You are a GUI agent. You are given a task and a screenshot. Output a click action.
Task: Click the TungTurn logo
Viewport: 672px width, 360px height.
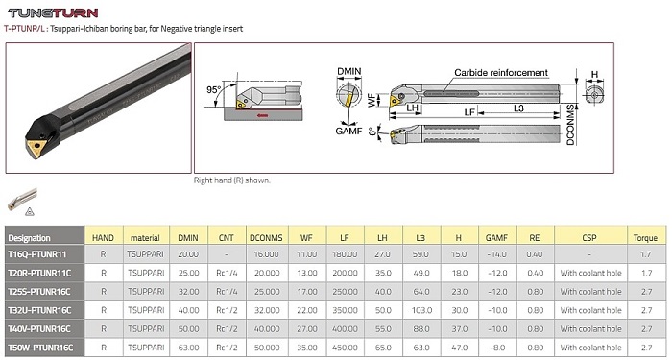pos(53,12)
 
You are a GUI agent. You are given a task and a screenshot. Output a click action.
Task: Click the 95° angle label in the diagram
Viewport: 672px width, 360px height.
pos(213,89)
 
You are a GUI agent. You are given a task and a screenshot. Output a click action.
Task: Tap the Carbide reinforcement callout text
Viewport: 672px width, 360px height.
pos(501,73)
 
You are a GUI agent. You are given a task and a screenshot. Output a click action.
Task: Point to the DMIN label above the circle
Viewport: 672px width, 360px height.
pos(349,72)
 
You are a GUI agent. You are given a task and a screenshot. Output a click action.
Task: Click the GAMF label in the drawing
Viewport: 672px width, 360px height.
pos(348,131)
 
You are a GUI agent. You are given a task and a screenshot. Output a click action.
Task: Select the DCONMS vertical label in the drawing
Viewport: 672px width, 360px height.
pos(570,125)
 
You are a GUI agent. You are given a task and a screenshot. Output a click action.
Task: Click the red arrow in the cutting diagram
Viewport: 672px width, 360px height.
pos(262,115)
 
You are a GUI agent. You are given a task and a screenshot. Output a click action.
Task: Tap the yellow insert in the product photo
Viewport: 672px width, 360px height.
pos(36,148)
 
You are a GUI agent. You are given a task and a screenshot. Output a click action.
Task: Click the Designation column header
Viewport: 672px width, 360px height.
pos(29,238)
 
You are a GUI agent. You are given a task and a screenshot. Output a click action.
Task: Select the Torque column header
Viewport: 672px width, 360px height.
pos(645,238)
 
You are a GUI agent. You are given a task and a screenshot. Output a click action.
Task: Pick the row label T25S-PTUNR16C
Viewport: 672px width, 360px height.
pos(39,292)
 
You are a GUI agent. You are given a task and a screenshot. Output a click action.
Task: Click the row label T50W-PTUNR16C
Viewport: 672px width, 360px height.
pos(40,348)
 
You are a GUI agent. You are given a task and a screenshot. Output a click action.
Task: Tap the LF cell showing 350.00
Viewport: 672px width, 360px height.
pos(345,310)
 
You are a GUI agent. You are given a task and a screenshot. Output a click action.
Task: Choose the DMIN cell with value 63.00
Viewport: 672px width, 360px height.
pos(188,348)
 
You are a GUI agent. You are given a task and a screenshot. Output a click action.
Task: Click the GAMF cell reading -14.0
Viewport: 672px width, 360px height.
pos(497,254)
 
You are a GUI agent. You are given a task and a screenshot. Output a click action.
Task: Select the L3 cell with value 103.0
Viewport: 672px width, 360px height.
pos(420,310)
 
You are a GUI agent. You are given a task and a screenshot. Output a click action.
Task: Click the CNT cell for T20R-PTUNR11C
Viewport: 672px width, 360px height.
pos(227,273)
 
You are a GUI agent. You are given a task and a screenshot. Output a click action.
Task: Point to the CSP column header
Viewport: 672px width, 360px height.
pos(589,238)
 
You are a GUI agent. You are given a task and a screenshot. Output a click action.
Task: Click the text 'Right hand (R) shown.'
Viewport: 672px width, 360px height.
pos(232,180)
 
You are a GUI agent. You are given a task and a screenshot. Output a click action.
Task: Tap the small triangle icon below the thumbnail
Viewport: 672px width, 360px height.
pos(29,211)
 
